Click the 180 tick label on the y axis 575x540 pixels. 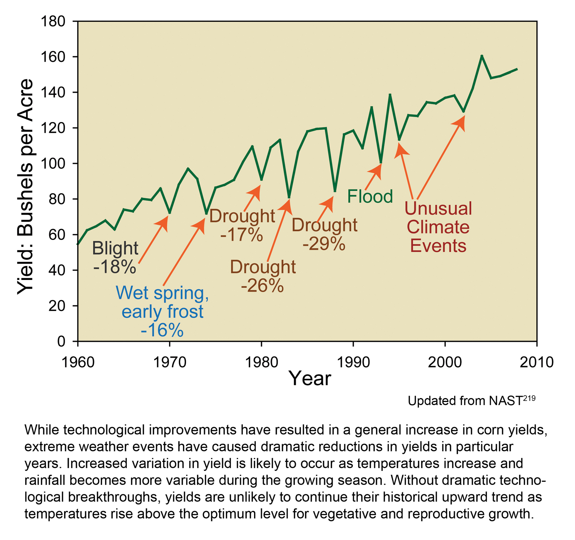[x=53, y=22]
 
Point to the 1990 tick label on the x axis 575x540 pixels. [x=353, y=362]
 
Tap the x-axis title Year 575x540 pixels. [x=310, y=378]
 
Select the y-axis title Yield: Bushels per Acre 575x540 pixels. [x=25, y=187]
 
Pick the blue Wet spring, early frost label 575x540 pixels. [x=162, y=311]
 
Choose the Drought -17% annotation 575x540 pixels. [x=242, y=225]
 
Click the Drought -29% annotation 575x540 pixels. [x=324, y=234]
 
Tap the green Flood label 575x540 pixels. [x=370, y=196]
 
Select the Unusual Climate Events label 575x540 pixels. [x=438, y=227]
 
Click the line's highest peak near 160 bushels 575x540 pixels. [x=482, y=56]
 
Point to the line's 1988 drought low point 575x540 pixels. [x=335, y=191]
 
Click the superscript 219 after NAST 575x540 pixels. [x=529, y=398]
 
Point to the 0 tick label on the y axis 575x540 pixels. [x=61, y=341]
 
